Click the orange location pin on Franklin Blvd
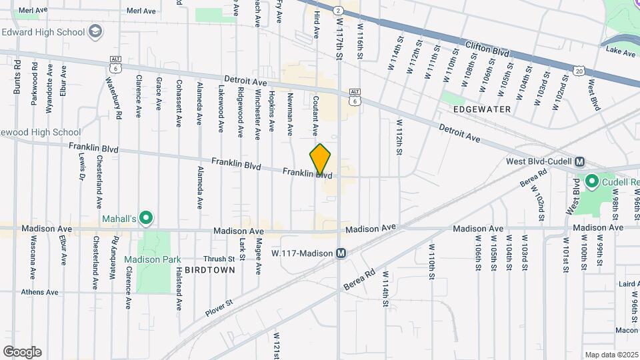pyautogui.click(x=321, y=160)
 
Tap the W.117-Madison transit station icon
pyautogui.click(x=341, y=253)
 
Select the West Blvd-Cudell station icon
pyautogui.click(x=580, y=162)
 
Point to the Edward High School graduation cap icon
pyautogui.click(x=96, y=32)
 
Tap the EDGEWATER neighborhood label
pyautogui.click(x=482, y=109)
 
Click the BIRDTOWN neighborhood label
pyautogui.click(x=209, y=270)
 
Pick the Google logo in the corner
pyautogui.click(x=22, y=352)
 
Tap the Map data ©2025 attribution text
pyautogui.click(x=611, y=355)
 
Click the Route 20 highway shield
pyautogui.click(x=578, y=70)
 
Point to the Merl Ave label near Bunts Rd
pyautogui.click(x=33, y=11)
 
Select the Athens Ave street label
pyautogui.click(x=39, y=292)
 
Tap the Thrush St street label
pyautogui.click(x=220, y=259)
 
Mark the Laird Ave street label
pyautogui.click(x=629, y=284)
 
